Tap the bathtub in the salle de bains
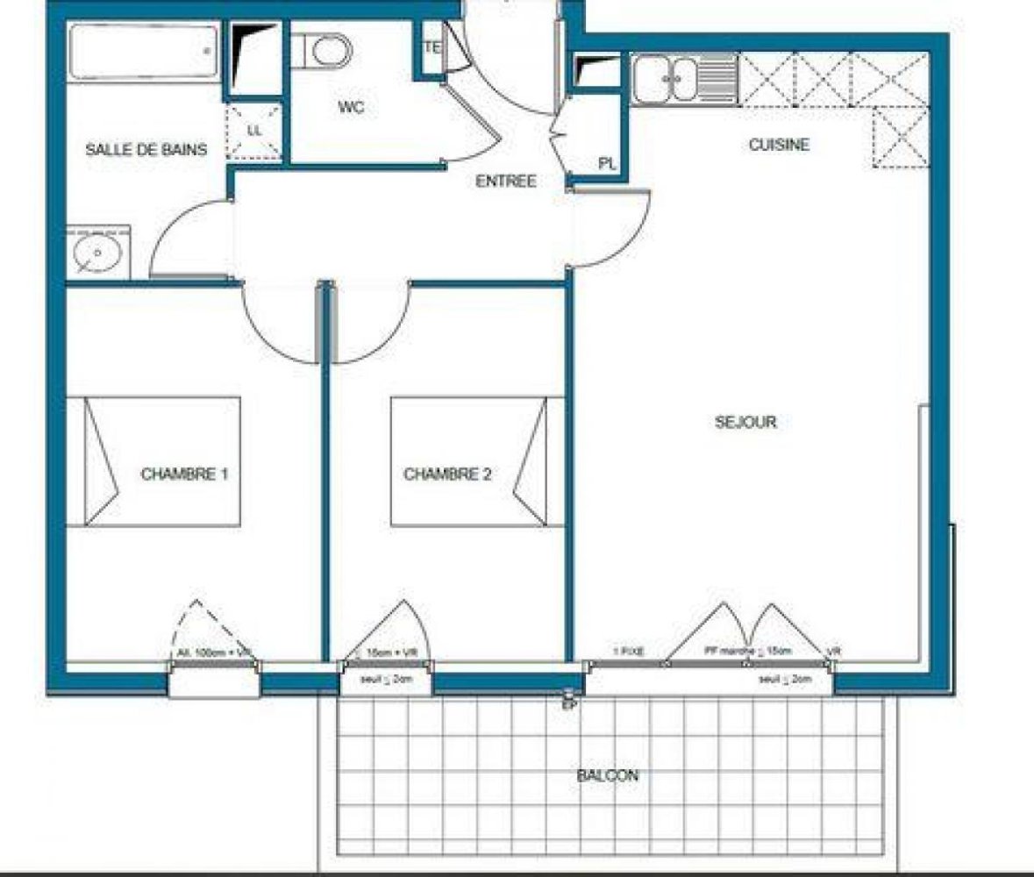(143, 52)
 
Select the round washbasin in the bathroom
(97, 253)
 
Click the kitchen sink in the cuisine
(685, 78)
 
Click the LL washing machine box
(255, 131)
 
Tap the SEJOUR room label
(745, 422)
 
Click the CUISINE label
(779, 145)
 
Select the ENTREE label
(505, 182)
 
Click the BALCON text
(608, 775)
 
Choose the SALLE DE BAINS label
(146, 150)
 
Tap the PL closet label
(607, 163)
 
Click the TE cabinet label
(432, 48)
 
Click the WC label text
(351, 108)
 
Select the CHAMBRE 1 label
(185, 474)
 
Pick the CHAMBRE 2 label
(447, 474)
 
